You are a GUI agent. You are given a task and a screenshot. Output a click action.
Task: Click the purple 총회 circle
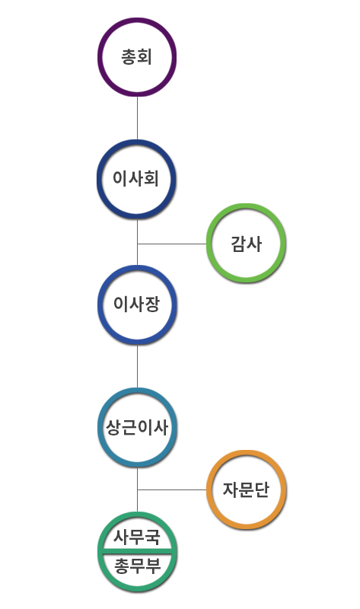(x=137, y=21)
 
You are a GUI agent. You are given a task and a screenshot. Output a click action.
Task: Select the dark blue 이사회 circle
(x=137, y=143)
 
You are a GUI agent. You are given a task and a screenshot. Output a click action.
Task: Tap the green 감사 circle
(x=246, y=207)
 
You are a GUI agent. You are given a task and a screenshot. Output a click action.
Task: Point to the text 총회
(x=136, y=56)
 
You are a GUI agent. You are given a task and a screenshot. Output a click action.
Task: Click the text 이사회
(x=136, y=179)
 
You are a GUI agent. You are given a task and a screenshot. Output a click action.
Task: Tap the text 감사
(x=246, y=244)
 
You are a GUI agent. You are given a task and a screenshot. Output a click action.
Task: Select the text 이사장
(x=136, y=304)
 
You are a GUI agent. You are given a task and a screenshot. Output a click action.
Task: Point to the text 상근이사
(x=137, y=427)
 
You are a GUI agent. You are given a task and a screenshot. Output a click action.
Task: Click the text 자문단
(x=246, y=489)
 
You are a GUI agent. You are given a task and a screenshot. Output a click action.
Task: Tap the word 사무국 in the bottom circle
(x=137, y=537)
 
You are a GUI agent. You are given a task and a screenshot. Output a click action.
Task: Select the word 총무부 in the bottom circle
(x=137, y=566)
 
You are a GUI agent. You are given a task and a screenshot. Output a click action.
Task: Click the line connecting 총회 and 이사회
(x=137, y=118)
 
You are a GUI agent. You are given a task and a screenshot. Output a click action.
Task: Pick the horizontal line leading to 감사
(x=172, y=244)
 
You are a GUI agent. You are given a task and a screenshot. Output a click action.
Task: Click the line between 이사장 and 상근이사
(x=137, y=366)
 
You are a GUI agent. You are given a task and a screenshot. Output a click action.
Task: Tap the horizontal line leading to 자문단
(x=172, y=489)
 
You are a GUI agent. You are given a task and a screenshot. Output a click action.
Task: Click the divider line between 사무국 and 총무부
(x=137, y=551)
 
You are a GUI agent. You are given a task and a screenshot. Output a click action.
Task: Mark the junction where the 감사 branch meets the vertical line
(x=137, y=244)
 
